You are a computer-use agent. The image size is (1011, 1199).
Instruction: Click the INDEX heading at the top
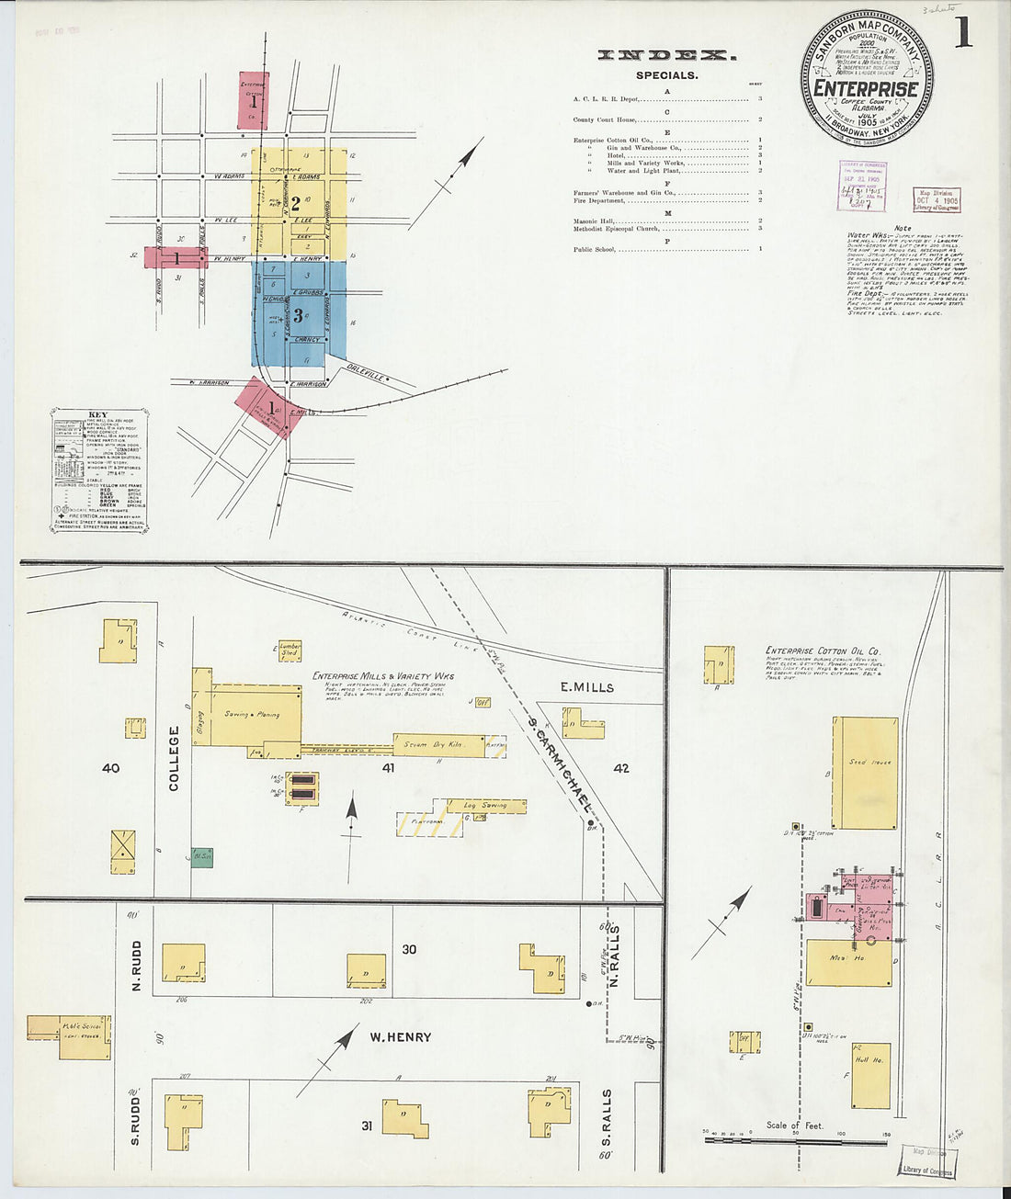pyautogui.click(x=666, y=56)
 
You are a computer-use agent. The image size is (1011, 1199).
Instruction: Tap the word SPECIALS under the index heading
pyautogui.click(x=666, y=75)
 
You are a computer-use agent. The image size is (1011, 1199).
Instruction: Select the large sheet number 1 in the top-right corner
pyautogui.click(x=962, y=34)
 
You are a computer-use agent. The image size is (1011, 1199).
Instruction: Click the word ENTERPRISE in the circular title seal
pyautogui.click(x=866, y=89)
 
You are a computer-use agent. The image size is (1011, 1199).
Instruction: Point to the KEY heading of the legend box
pyautogui.click(x=97, y=414)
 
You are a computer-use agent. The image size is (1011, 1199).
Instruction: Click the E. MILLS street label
pyautogui.click(x=587, y=687)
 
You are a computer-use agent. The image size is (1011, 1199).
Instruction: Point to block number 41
pyautogui.click(x=389, y=767)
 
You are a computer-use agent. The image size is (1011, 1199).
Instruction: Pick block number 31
pyautogui.click(x=366, y=1125)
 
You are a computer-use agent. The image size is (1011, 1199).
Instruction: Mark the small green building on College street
pyautogui.click(x=201, y=857)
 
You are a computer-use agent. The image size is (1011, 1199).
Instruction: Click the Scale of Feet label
pyautogui.click(x=795, y=1125)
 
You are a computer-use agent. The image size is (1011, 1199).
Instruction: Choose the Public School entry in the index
pyautogui.click(x=595, y=249)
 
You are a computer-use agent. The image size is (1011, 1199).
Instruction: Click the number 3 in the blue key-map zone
pyautogui.click(x=295, y=317)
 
